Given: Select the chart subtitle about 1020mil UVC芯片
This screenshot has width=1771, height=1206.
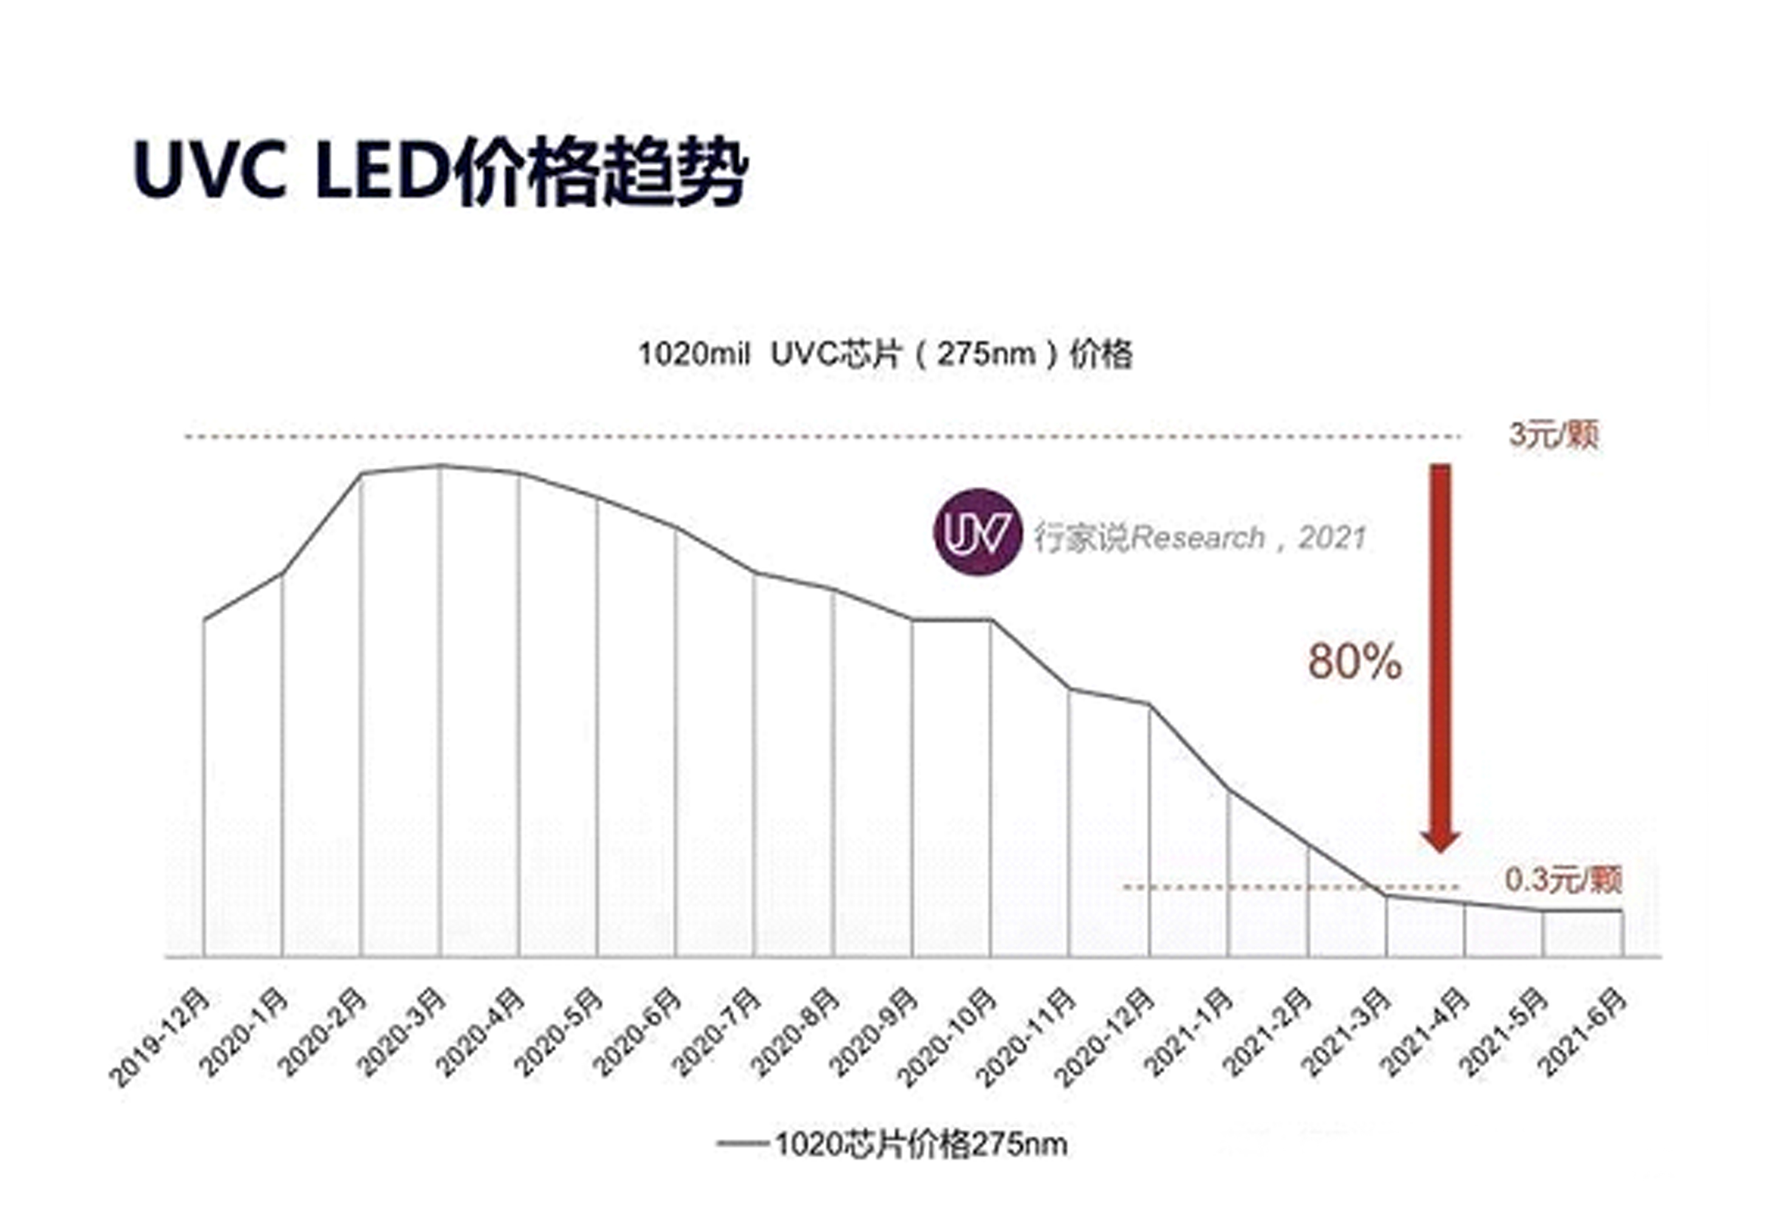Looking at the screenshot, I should click(x=885, y=354).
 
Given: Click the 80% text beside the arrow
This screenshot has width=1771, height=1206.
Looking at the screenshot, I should click(x=1354, y=661).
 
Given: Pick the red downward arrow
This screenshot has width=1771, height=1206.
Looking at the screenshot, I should click(x=1439, y=656).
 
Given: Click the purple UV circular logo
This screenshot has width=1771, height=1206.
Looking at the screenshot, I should click(x=977, y=532).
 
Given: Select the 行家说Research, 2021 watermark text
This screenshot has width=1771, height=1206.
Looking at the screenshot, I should click(x=1199, y=538).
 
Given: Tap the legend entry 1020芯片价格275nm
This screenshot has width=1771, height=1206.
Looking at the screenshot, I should click(x=892, y=1143).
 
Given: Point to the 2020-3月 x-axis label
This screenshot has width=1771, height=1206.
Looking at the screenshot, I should click(x=402, y=1033).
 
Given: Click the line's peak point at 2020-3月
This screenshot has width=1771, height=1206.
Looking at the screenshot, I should click(x=440, y=465).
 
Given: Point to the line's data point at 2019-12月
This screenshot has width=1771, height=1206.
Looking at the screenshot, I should click(x=204, y=620).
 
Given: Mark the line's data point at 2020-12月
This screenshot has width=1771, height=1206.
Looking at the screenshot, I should click(x=1148, y=704).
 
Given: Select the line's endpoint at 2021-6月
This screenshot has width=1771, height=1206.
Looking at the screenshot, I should click(x=1622, y=911).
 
